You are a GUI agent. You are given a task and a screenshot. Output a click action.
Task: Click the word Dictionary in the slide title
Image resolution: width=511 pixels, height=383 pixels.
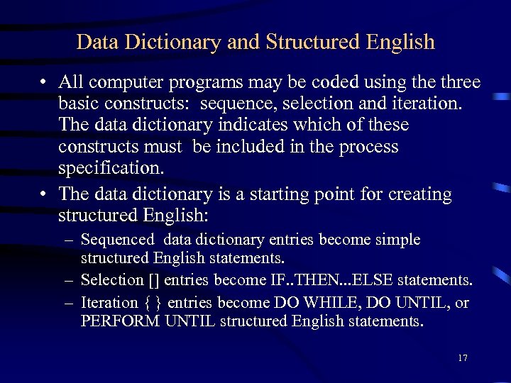click(x=175, y=43)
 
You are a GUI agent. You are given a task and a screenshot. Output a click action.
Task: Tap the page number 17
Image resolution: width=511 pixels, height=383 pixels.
click(x=463, y=358)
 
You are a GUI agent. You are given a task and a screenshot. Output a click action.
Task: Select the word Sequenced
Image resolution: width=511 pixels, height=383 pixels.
click(x=117, y=240)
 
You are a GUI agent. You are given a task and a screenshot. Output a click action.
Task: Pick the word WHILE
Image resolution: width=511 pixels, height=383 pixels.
click(x=326, y=303)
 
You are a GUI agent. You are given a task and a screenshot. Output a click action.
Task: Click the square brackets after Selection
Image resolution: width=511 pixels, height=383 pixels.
click(x=141, y=281)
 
